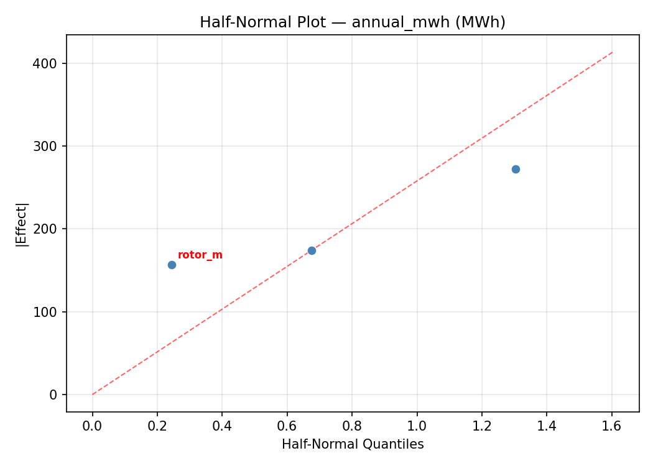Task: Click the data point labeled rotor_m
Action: coord(172,265)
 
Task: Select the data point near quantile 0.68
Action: coord(312,250)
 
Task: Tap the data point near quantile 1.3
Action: coord(516,169)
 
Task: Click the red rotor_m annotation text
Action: coord(200,255)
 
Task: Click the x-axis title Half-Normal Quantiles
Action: coord(353,444)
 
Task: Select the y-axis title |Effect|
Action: coord(22,224)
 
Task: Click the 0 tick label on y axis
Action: coord(54,395)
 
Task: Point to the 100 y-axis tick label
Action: coord(45,312)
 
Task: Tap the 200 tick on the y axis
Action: coord(45,229)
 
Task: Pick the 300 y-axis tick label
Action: coord(45,146)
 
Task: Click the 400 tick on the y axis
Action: coord(45,63)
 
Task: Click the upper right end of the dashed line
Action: coord(612,52)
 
